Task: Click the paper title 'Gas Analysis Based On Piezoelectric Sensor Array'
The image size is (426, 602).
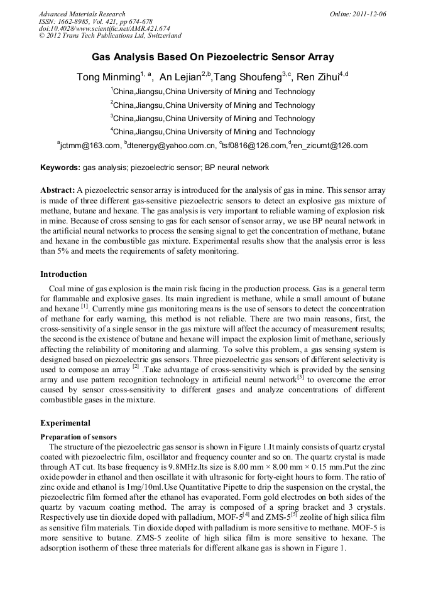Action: point(213,57)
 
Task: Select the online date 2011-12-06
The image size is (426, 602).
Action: point(369,14)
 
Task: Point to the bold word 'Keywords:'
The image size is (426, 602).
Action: point(60,168)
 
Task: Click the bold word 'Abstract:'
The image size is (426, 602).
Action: point(58,190)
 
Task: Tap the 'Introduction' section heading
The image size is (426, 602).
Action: point(63,274)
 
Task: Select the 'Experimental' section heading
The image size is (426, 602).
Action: point(65,423)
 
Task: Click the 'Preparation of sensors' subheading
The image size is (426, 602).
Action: point(79,437)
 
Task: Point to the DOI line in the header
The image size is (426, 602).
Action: point(86,29)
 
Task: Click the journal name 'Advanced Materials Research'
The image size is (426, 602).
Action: point(82,14)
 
